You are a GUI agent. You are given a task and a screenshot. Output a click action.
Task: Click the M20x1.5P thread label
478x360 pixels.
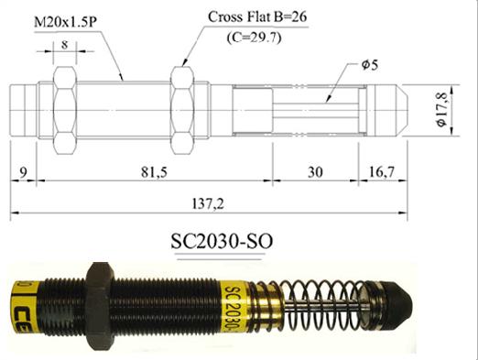(65, 22)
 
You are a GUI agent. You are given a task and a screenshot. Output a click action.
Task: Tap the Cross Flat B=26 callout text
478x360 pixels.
(257, 17)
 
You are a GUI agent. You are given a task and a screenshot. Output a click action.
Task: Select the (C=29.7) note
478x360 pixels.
(254, 38)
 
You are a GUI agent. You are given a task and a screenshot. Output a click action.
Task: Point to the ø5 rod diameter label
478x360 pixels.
(370, 65)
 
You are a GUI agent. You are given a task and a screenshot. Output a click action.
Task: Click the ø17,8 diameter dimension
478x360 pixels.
(442, 110)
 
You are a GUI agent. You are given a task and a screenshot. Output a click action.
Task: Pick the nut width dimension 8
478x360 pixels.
(64, 45)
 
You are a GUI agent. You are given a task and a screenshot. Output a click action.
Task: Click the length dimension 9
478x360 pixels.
(23, 172)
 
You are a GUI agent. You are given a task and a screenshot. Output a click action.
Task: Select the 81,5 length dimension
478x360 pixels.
(154, 172)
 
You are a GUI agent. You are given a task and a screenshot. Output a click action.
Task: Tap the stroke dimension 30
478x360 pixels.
(315, 172)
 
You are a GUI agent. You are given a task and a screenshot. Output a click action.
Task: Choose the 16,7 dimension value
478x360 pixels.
(382, 172)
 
